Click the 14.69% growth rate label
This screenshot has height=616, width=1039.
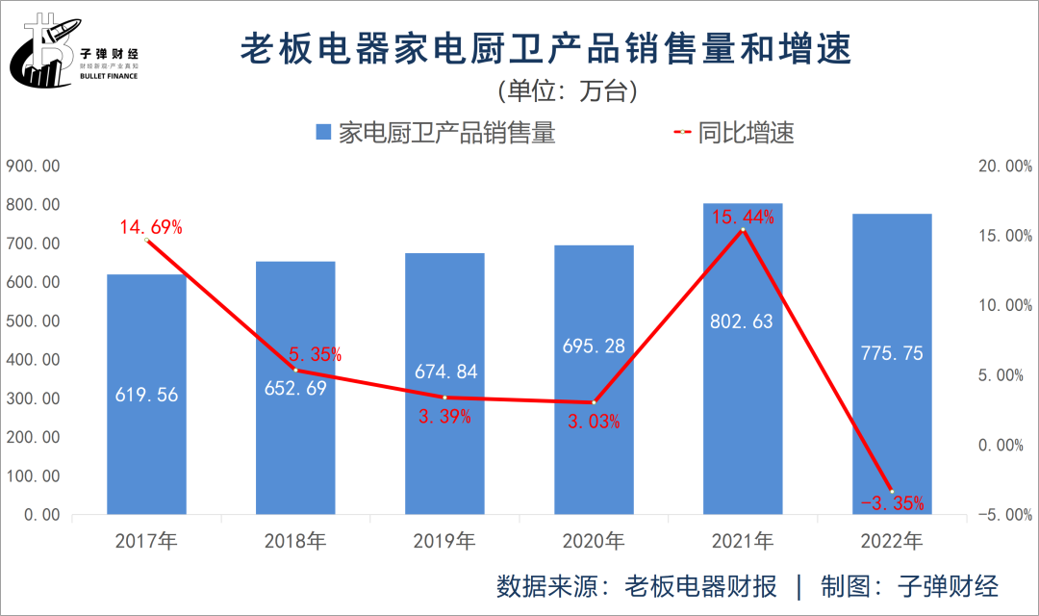(x=151, y=228)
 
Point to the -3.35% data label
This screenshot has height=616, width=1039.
(x=892, y=502)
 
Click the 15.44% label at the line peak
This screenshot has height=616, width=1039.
(x=743, y=217)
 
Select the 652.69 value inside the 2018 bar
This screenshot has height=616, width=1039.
(x=295, y=388)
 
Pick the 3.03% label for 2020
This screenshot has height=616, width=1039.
(x=594, y=421)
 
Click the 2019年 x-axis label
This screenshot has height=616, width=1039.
(x=444, y=542)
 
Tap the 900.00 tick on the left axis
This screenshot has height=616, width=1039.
(x=34, y=167)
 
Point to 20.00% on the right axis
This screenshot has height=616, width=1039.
(x=1003, y=167)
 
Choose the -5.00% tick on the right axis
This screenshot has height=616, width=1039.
(x=1003, y=515)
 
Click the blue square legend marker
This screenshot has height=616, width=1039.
(x=323, y=133)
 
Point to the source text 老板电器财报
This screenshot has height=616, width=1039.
(x=700, y=586)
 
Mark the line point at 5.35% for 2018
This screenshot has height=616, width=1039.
(x=295, y=370)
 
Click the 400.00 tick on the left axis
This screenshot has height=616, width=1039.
(x=34, y=360)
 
